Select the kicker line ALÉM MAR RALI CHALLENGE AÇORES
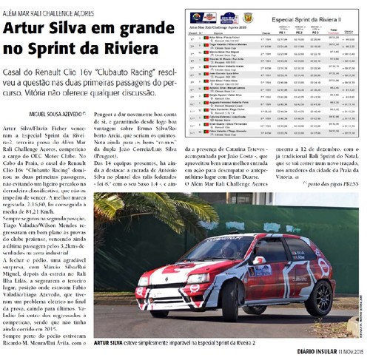point(47,12)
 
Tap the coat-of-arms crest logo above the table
point(249,16)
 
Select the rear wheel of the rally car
point(320,296)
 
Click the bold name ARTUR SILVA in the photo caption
point(111,344)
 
